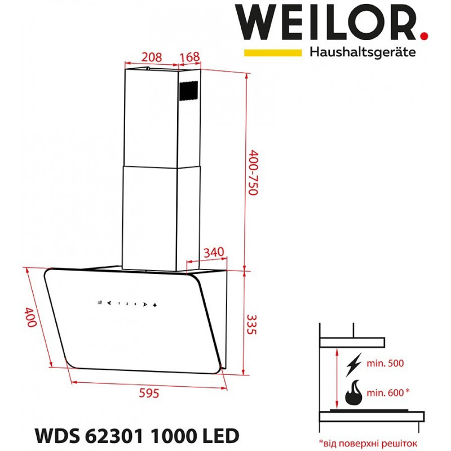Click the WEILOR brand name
pyautogui.click(x=326, y=23)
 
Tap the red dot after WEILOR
pyautogui.click(x=424, y=36)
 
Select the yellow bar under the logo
pyautogui.click(x=273, y=52)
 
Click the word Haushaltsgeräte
pyautogui.click(x=362, y=52)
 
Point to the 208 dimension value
pyautogui.click(x=152, y=57)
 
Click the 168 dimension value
pyautogui.click(x=189, y=57)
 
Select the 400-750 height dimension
pyautogui.click(x=253, y=173)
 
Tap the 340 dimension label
pyautogui.click(x=214, y=252)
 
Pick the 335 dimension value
pyautogui.click(x=251, y=325)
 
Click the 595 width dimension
pyautogui.click(x=149, y=393)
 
